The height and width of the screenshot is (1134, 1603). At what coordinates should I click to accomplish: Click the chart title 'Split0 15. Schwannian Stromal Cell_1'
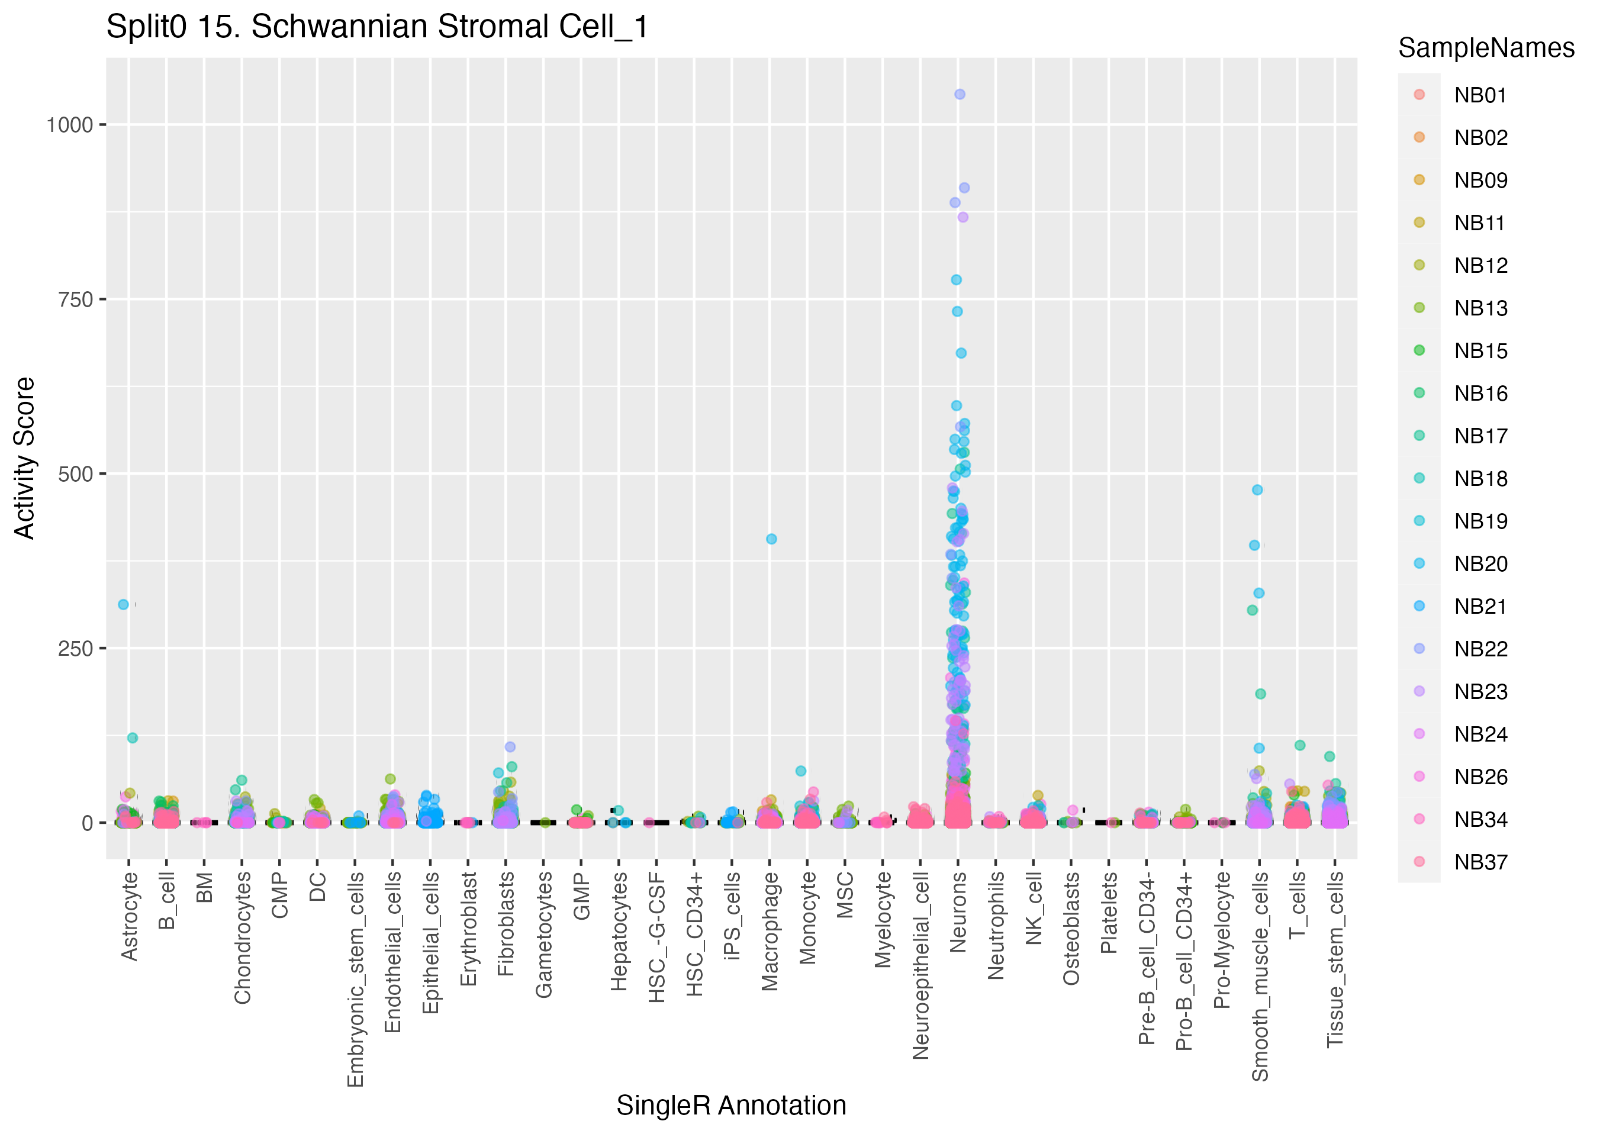377,28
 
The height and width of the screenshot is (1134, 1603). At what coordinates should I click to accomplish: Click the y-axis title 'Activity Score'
25,458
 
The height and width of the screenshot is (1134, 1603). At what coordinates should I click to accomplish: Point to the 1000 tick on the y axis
69,125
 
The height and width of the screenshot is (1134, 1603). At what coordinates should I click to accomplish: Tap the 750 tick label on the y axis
75,299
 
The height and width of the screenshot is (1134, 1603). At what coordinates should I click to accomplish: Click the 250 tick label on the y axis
75,649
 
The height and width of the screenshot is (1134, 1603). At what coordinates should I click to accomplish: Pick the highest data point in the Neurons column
960,94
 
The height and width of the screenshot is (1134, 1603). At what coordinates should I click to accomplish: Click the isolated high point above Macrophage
771,539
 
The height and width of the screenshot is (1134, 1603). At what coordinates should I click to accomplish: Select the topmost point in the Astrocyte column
124,605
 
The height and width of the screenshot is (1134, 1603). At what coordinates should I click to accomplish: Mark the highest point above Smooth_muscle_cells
1257,490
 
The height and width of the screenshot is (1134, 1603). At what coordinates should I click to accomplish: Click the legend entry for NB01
1480,95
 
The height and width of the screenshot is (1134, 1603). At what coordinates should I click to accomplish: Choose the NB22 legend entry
1480,649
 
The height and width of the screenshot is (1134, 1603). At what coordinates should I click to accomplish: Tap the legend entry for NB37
1480,862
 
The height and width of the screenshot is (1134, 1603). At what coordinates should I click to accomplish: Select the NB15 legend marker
1419,350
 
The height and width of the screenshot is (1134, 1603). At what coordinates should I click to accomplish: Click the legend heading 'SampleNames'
1486,48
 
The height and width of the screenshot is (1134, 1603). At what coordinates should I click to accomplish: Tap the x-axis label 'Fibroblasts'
506,924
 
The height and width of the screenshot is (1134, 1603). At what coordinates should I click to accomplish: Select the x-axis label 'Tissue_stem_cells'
1335,959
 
